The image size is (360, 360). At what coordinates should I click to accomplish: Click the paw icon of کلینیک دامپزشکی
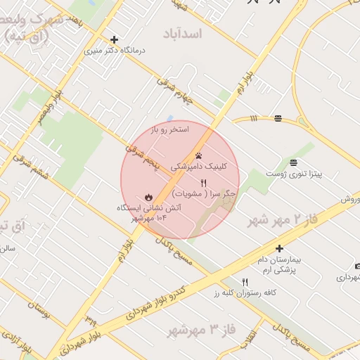pyautogui.click(x=198, y=156)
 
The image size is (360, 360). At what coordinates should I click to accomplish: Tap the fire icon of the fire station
pyautogui.click(x=148, y=198)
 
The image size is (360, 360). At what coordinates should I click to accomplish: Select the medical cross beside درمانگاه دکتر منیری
pyautogui.click(x=114, y=39)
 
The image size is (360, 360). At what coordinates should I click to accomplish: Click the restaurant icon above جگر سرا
pyautogui.click(x=204, y=183)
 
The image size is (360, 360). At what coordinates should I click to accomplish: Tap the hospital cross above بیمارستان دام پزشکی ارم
pyautogui.click(x=279, y=248)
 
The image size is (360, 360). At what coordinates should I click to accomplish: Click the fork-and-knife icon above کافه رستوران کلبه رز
pyautogui.click(x=245, y=282)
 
